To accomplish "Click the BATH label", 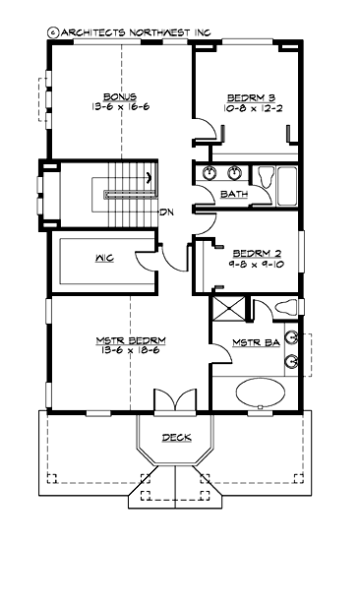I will (233, 194).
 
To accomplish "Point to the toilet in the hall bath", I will (266, 178).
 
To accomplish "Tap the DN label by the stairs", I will (167, 212).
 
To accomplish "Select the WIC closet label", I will (104, 260).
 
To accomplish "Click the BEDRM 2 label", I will (250, 252).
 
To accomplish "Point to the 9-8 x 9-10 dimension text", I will (250, 263).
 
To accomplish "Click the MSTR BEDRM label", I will (130, 339).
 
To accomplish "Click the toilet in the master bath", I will (284, 306).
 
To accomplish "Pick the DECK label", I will (177, 438).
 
